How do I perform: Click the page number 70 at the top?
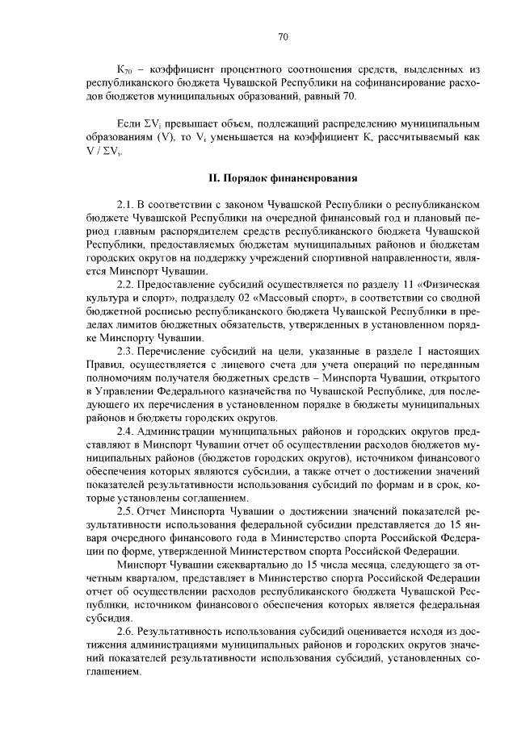(x=283, y=36)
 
